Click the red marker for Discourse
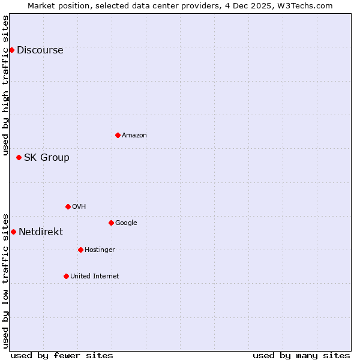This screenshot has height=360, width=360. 11,50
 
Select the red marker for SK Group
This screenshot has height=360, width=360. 19,157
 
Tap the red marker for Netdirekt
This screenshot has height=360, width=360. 13,232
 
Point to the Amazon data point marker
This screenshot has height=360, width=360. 118,135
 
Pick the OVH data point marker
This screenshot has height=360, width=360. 68,206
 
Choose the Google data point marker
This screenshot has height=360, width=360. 111,223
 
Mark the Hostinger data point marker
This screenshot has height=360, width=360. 80,250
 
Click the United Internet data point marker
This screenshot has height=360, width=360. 66,276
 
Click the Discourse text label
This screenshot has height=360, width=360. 40,50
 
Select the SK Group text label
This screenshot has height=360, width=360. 46,158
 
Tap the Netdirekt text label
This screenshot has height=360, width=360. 40,232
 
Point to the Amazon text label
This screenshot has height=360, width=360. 134,136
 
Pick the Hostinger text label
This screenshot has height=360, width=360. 100,250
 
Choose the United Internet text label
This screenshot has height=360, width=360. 94,277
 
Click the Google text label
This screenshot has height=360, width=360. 126,223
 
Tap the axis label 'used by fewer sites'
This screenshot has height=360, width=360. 62,355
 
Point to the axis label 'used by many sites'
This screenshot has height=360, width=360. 301,355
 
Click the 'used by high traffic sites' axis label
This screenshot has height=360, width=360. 5,85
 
